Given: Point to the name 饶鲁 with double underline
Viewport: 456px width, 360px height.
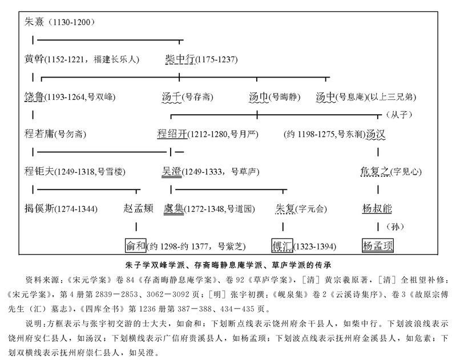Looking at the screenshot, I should tap(34, 96).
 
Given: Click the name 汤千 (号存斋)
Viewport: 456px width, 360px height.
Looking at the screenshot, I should tap(171, 96).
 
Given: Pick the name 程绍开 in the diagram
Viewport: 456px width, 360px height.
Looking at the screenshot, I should tap(171, 135).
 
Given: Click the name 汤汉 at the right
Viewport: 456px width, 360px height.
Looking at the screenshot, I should tap(379, 135).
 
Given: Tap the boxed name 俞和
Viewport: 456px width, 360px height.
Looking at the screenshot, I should tap(135, 246).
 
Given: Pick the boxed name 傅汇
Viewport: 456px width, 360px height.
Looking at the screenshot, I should tap(283, 246).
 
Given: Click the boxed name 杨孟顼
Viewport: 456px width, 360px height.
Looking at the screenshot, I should tap(378, 246).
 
